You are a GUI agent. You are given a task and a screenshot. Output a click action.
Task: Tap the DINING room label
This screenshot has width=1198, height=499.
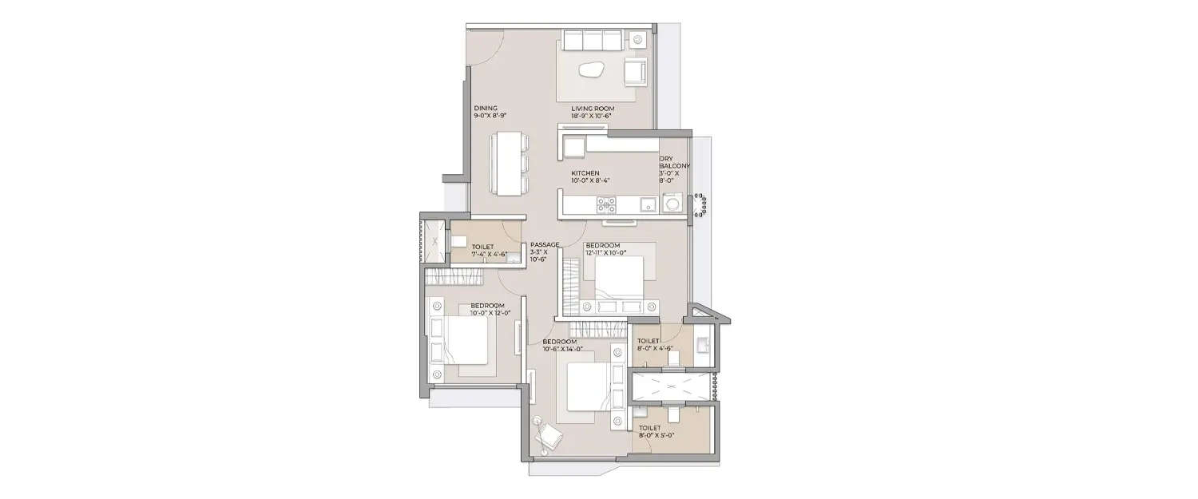tap(486, 108)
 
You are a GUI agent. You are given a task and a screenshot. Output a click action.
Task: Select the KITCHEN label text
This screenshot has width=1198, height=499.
tap(585, 173)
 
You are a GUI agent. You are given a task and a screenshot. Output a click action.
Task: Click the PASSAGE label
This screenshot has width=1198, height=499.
tap(545, 245)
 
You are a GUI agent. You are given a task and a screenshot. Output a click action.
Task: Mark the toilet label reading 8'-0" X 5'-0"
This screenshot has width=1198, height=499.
tap(657, 436)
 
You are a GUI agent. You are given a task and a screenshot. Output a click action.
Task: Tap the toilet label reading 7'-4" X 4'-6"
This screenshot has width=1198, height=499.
tap(483, 255)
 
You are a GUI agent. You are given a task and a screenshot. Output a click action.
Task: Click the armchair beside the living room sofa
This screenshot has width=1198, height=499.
tap(636, 71)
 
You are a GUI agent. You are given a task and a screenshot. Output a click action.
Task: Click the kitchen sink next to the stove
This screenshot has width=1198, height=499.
tap(648, 204)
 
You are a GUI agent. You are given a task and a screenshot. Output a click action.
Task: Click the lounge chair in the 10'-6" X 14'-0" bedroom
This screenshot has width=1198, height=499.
tap(550, 436)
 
